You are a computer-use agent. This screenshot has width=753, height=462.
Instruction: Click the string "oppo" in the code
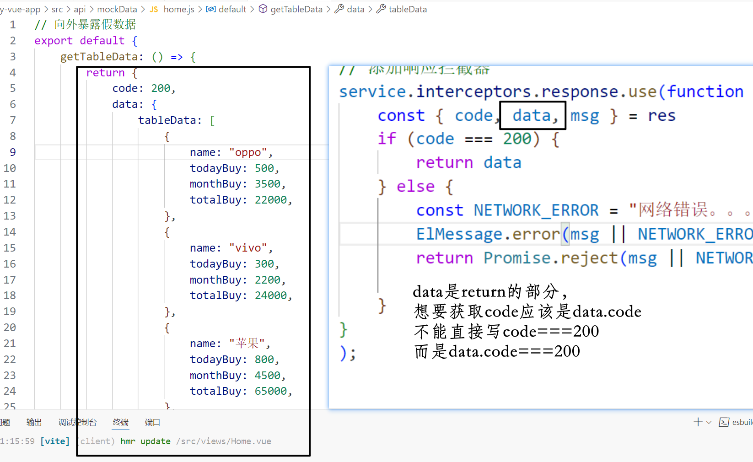[248, 152]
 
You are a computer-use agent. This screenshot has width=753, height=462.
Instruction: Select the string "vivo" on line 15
[248, 248]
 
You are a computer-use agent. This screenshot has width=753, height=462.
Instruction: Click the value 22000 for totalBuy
[271, 200]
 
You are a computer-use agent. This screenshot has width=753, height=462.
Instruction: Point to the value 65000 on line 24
[271, 391]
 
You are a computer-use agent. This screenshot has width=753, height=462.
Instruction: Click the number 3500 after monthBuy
[268, 184]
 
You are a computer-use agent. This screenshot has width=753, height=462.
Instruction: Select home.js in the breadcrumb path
[178, 9]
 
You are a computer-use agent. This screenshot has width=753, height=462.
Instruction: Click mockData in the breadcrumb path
[117, 9]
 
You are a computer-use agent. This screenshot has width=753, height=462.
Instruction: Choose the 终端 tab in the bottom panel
[121, 422]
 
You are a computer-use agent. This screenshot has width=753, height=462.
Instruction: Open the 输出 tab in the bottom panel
[34, 422]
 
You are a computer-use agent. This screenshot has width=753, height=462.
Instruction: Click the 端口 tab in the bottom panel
[152, 422]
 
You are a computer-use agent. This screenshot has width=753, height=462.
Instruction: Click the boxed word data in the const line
[531, 116]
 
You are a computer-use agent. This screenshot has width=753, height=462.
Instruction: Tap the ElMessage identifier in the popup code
[459, 234]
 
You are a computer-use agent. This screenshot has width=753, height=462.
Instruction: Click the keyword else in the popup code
[415, 187]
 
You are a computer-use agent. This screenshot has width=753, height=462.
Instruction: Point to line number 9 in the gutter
[12, 152]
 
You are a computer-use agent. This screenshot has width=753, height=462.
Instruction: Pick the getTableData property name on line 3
[99, 57]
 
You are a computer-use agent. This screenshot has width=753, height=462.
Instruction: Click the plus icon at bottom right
[698, 422]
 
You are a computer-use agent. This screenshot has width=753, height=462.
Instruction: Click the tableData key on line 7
[167, 120]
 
